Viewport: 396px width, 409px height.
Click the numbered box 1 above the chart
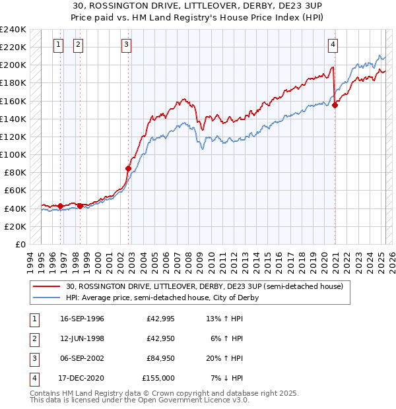click(x=59, y=45)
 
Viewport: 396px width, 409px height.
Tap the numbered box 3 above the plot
click(x=126, y=45)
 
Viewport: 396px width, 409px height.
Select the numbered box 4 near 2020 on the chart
click(x=333, y=45)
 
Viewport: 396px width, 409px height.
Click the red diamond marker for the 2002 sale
click(x=128, y=168)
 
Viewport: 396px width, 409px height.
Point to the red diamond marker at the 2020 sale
click(x=335, y=105)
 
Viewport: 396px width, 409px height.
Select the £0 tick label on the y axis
click(x=20, y=244)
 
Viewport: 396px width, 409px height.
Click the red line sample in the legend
click(x=48, y=287)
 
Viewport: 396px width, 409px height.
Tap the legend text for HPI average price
click(x=162, y=298)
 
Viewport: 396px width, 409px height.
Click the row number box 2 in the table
click(x=34, y=340)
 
